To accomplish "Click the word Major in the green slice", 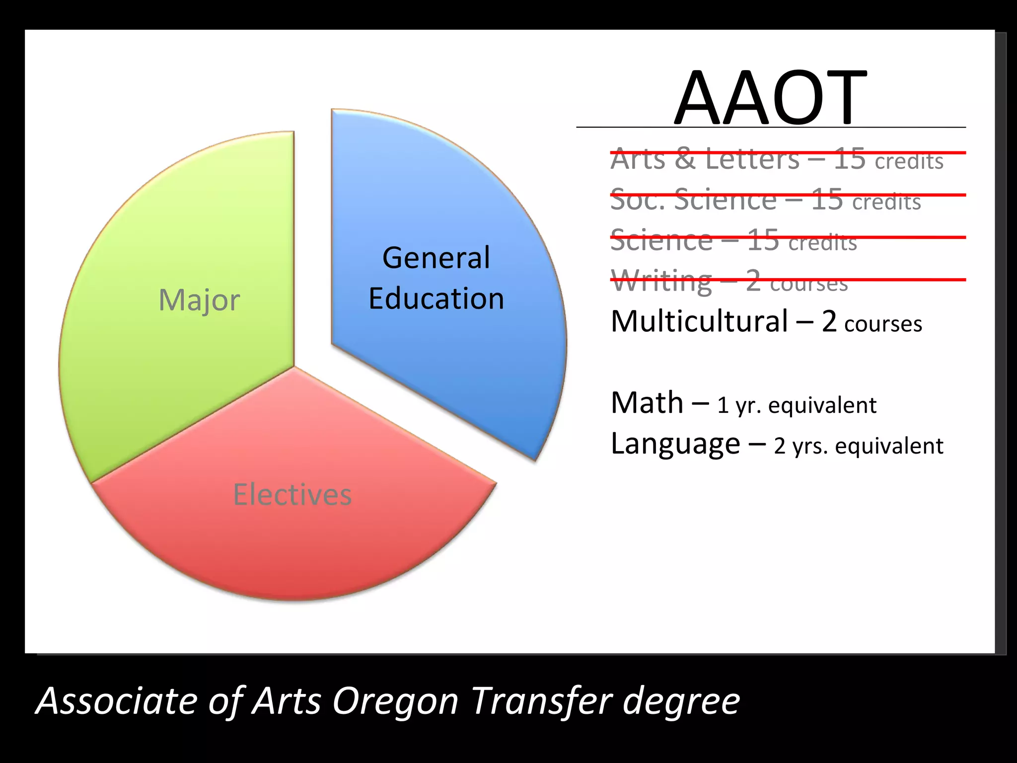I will point(199,300).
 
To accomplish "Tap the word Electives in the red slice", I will point(292,495).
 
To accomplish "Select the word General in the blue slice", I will point(436,258).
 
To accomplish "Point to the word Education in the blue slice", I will point(436,299).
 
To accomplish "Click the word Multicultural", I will point(699,321).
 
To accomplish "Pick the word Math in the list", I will point(647,402).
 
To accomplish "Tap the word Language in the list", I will point(675,444).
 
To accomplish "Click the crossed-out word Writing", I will point(661,282).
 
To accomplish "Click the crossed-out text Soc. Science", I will point(693,200).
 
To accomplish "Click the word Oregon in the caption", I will point(395,701).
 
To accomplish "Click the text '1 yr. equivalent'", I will point(797,405).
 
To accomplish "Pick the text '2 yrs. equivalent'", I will point(858,446).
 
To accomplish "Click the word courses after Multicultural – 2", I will point(883,324).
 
